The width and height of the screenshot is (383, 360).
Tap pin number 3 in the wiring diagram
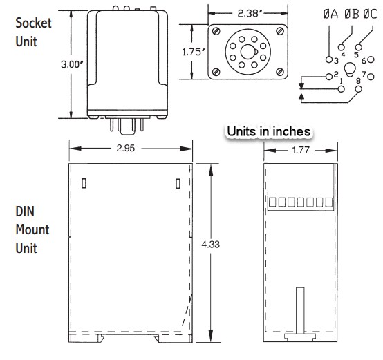tap(336, 61)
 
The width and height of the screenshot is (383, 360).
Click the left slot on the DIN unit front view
tap(84, 183)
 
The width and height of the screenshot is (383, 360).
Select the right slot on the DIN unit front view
tap(178, 183)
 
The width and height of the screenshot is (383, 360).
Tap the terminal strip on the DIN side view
tap(296, 202)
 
